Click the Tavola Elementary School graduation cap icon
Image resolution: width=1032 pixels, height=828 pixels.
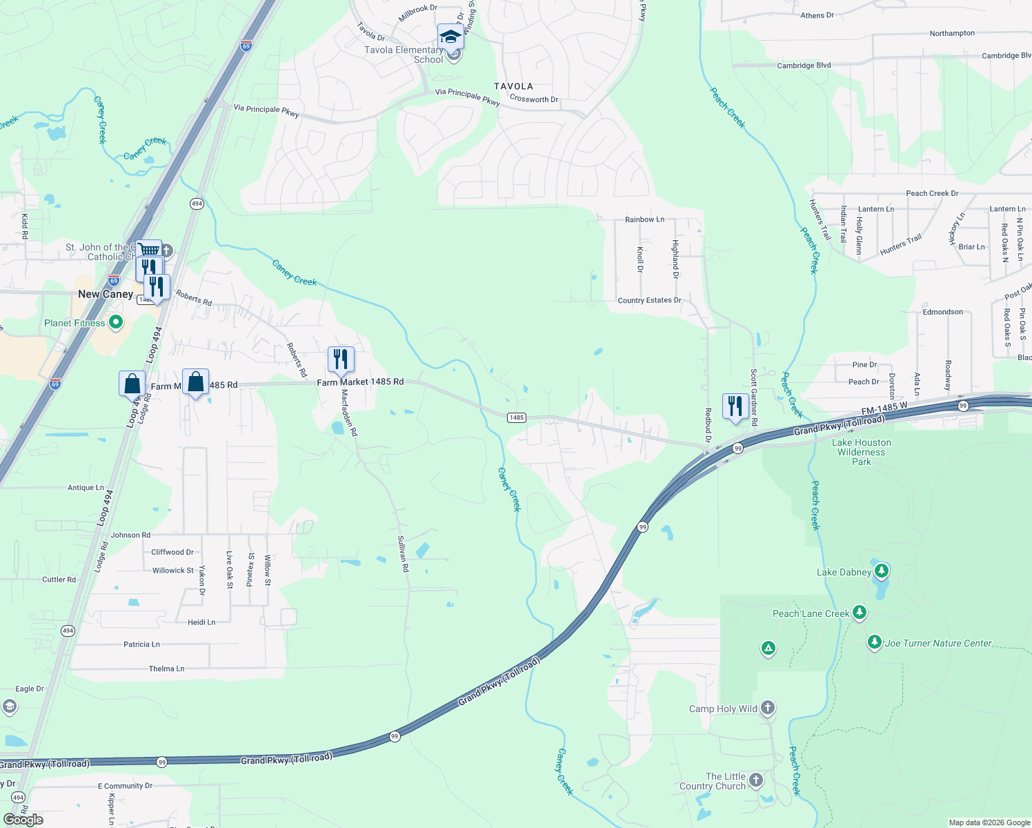tap(450, 37)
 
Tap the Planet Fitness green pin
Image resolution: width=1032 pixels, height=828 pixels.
tap(116, 322)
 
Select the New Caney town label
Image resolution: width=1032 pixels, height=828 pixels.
tap(106, 294)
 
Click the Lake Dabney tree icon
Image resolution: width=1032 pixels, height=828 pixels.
tap(881, 571)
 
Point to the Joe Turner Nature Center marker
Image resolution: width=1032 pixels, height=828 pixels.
tap(874, 642)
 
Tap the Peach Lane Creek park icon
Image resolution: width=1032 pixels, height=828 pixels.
tap(859, 612)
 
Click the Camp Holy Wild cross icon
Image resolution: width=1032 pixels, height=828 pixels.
tap(767, 708)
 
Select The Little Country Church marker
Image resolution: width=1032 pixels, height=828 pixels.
tap(756, 780)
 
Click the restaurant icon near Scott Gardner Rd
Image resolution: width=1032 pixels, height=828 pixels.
tap(735, 406)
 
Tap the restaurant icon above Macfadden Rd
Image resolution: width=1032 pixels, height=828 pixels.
tap(340, 359)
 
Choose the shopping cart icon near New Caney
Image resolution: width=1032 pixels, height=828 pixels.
tap(149, 250)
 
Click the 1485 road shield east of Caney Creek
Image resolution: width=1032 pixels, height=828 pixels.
tap(517, 417)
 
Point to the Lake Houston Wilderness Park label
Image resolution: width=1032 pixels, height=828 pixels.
tap(862, 452)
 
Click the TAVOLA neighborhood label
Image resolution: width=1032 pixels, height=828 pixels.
tap(513, 86)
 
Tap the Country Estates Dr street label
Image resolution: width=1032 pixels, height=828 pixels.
tap(649, 300)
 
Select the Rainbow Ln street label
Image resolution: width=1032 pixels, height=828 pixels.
tap(644, 219)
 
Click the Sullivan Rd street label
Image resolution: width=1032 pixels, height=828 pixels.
tap(403, 554)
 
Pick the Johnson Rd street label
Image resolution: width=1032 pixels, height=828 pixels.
tap(130, 535)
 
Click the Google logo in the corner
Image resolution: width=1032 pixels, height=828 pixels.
tap(23, 819)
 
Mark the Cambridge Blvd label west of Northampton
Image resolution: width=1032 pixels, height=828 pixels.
tap(804, 66)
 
